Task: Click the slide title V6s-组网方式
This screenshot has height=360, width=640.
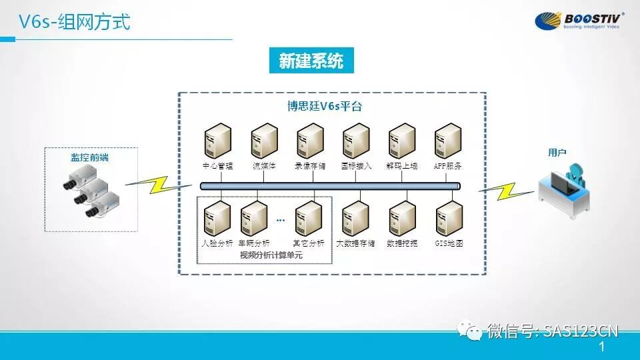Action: point(74,22)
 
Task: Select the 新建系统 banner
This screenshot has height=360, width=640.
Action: point(311,62)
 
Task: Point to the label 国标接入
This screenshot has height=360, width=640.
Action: point(356,166)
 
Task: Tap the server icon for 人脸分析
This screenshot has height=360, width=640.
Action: point(217,218)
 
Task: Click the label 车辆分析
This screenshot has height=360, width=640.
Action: point(254,243)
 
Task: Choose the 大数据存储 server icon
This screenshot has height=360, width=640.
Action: point(355,218)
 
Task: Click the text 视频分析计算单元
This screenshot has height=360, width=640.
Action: point(266,255)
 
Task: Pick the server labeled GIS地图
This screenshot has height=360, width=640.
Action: point(449,218)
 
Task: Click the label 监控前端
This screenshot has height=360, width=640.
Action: point(90,157)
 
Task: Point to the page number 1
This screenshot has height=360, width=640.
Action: point(603,347)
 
